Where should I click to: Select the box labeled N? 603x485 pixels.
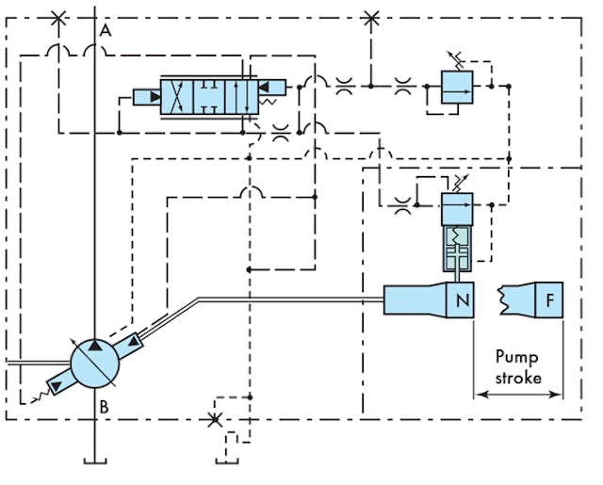pyautogui.click(x=462, y=300)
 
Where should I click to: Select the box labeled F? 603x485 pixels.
pyautogui.click(x=549, y=300)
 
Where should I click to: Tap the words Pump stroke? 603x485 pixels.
pyautogui.click(x=518, y=367)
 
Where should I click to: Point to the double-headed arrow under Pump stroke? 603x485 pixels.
pyautogui.click(x=518, y=396)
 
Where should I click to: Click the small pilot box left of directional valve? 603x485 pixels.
pyautogui.click(x=146, y=96)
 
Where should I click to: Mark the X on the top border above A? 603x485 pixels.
pyautogui.click(x=59, y=17)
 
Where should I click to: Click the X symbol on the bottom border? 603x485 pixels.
pyautogui.click(x=216, y=418)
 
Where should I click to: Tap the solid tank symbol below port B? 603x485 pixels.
pyautogui.click(x=95, y=459)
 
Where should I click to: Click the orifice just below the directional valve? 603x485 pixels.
pyautogui.click(x=279, y=134)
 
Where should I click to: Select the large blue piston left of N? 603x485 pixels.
pyautogui.click(x=415, y=300)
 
